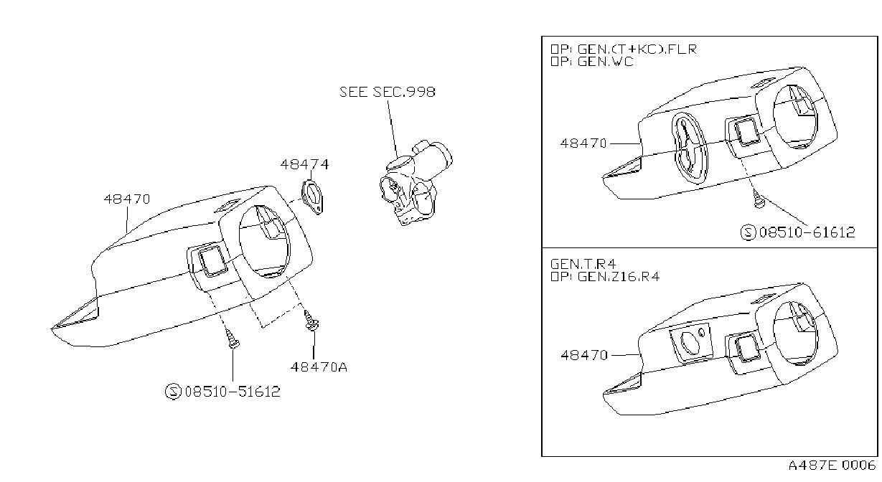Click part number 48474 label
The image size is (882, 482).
pos(304,164)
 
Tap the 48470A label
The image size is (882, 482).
pos(319,367)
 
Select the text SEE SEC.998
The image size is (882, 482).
pos(388,92)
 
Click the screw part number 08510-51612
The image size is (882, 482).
pos(233,392)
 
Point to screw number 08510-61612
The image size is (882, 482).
pos(807,232)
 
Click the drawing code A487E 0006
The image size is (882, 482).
pos(832,466)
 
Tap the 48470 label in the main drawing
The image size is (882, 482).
pos(127,199)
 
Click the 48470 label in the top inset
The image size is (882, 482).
pos(583,143)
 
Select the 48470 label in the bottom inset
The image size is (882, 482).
pos(584,355)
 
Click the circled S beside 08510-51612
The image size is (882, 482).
pos(173,392)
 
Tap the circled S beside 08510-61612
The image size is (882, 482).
pos(748,232)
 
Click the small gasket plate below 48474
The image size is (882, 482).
pos(312,197)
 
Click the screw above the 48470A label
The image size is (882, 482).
pos(311,320)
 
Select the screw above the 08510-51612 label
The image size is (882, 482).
pos(233,339)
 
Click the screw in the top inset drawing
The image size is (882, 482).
pos(757,199)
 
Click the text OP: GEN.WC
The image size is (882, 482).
pos(591,62)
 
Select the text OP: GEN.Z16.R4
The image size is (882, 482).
pos(605,277)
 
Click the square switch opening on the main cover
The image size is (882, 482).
pos(212,260)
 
